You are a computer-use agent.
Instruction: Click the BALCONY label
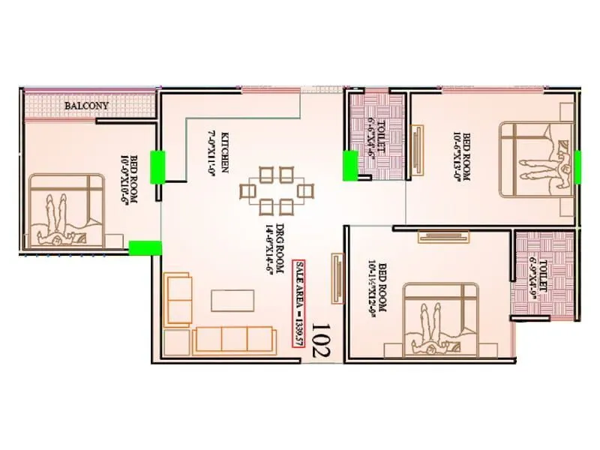pos(86,106)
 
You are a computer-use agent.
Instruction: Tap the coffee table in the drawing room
pos(232,300)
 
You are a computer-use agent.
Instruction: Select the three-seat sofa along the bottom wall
pos(232,339)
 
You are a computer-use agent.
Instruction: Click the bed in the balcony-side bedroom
pos(68,209)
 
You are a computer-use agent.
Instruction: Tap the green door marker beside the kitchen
pos(158,166)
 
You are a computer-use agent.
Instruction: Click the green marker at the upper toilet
pos(350,165)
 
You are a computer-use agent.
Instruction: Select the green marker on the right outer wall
pos(577,166)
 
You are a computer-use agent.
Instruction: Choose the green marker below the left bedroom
pos(145,248)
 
